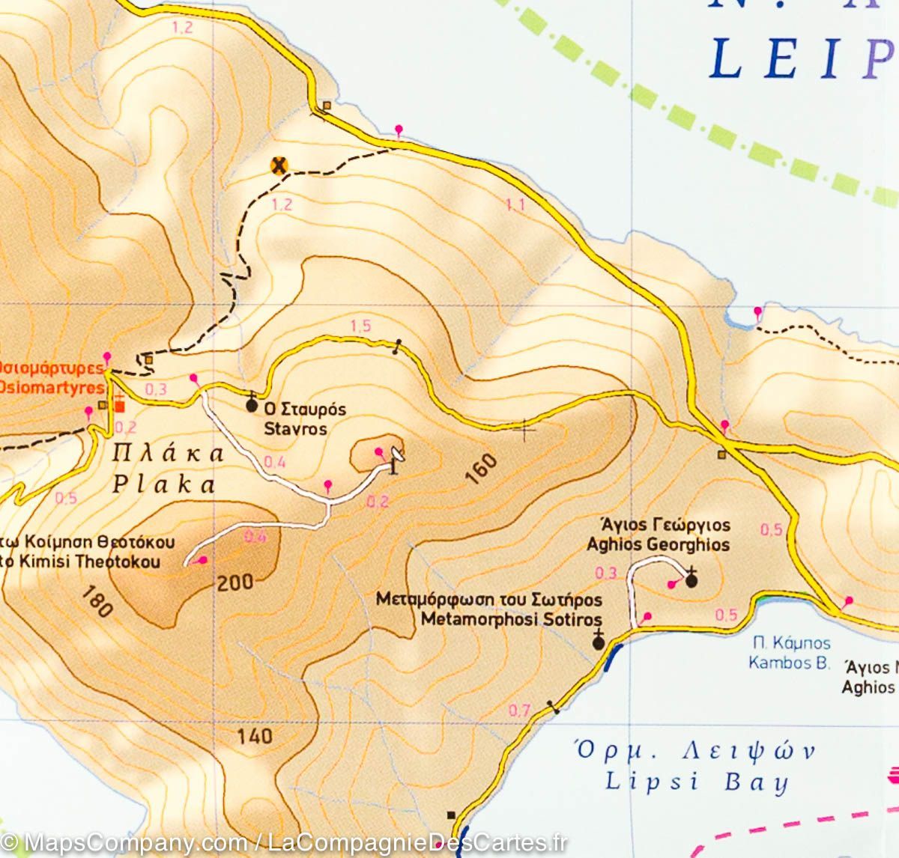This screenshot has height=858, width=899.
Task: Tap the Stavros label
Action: tap(295, 429)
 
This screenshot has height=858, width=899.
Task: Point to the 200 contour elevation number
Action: tap(235, 582)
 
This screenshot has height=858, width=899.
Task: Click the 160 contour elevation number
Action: tap(485, 470)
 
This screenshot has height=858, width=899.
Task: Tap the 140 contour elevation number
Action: tap(255, 736)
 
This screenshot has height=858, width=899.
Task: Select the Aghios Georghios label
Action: tap(658, 545)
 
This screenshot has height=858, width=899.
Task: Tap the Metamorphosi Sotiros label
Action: tap(511, 620)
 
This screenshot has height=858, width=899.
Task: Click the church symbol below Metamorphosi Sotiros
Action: tap(598, 641)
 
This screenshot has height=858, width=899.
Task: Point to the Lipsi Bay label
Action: tap(697, 783)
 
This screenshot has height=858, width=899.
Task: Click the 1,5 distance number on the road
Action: tap(360, 326)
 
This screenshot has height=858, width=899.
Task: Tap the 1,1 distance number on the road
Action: tap(515, 204)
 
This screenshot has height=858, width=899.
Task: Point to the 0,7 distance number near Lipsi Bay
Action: tap(519, 711)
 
